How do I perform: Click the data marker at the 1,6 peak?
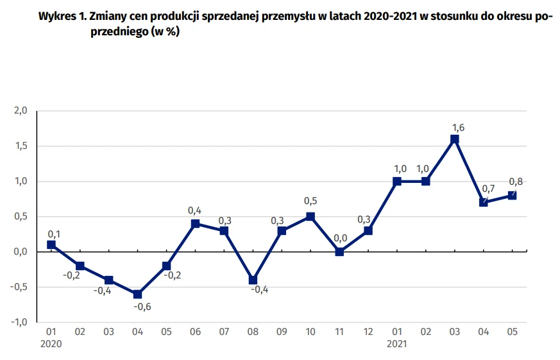(x=455, y=139)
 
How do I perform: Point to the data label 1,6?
(x=458, y=127)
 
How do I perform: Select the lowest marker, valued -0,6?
(x=138, y=295)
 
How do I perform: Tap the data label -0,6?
(x=142, y=307)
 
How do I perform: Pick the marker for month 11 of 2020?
(x=339, y=252)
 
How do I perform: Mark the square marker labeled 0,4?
(x=196, y=224)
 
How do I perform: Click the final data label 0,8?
(x=516, y=182)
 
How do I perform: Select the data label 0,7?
(x=488, y=188)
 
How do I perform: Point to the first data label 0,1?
(x=55, y=234)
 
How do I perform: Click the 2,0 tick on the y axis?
(x=21, y=111)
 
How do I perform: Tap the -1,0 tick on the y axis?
(x=19, y=322)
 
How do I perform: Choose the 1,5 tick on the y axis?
(x=21, y=146)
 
